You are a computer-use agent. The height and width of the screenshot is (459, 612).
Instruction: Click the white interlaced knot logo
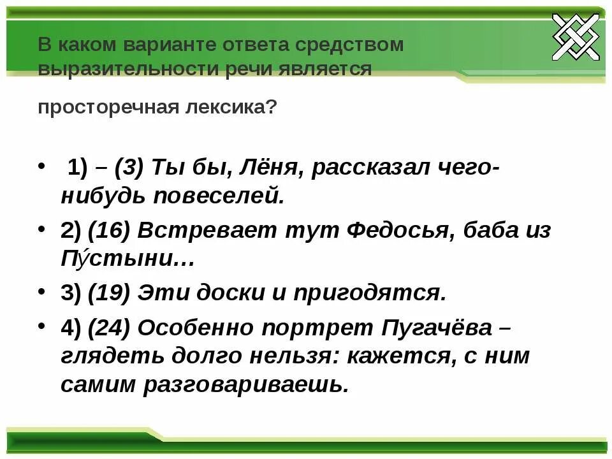(x=576, y=36)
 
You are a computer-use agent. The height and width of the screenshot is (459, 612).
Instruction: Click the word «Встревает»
(x=201, y=230)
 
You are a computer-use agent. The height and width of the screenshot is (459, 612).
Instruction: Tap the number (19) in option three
(x=109, y=293)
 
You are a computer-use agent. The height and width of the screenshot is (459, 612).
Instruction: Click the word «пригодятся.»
(x=368, y=293)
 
